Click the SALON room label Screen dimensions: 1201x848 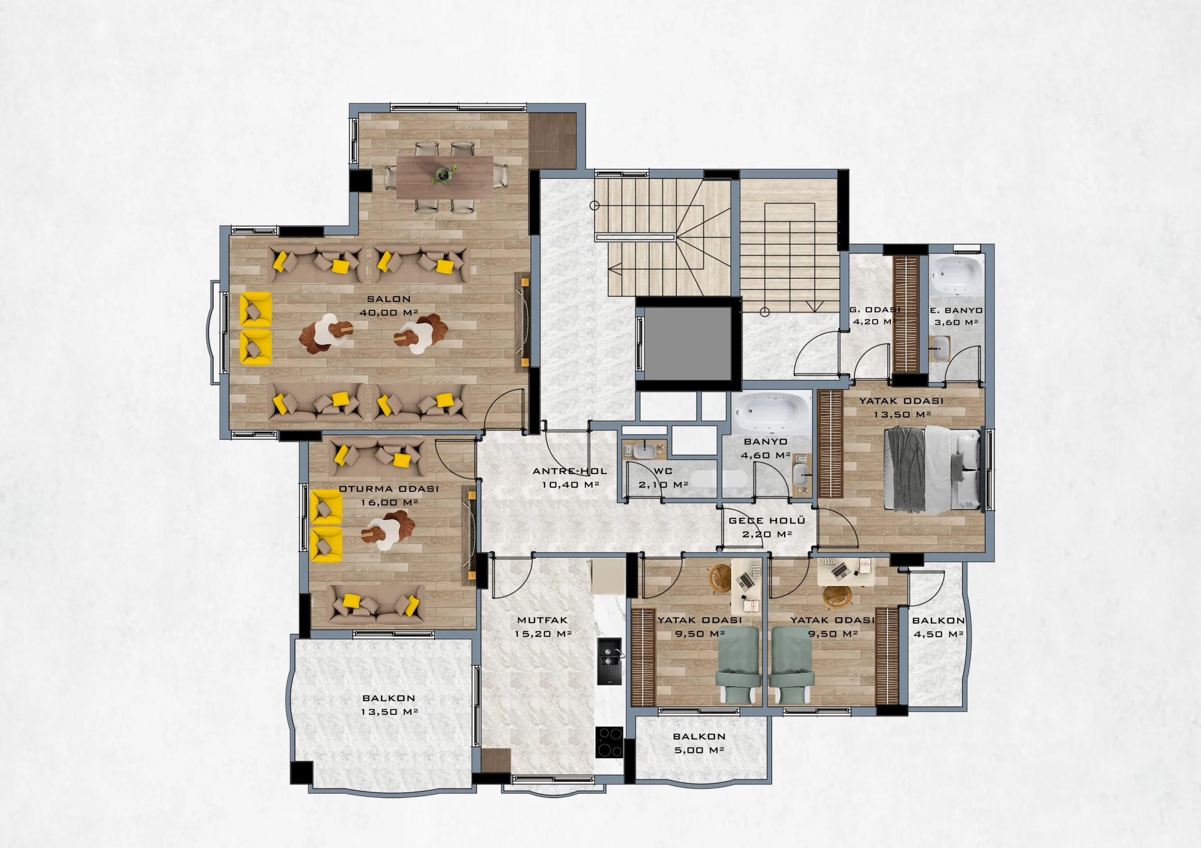[388, 299]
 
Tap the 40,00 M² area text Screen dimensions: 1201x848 [388, 313]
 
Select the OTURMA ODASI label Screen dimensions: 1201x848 [388, 489]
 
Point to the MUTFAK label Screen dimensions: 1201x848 [542, 620]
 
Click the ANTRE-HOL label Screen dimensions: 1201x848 [570, 471]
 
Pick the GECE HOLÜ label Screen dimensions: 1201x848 [767, 521]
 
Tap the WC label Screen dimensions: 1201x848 [663, 471]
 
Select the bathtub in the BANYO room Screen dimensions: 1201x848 [771, 412]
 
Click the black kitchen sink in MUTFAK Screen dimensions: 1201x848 [610, 661]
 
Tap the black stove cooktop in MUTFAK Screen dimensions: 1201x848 [609, 742]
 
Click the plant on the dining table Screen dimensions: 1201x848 [444, 174]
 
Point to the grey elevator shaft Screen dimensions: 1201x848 [687, 344]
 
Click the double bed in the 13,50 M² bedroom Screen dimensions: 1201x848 [932, 469]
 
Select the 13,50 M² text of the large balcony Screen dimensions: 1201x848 [389, 712]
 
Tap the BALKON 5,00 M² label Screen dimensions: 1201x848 [699, 743]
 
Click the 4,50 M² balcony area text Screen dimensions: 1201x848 [939, 634]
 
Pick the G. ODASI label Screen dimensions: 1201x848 [874, 309]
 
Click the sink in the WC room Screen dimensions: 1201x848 [643, 449]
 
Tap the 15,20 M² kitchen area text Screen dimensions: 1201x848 [542, 634]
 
